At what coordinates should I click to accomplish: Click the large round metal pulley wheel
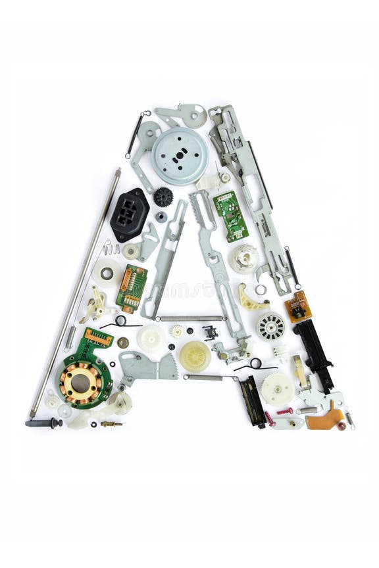[180, 156]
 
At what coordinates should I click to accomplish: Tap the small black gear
[163, 197]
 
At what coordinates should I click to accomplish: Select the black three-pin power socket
[129, 214]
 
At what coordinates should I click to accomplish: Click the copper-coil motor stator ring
[80, 383]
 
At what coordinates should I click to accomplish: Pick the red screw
[285, 411]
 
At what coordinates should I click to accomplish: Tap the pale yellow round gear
[195, 356]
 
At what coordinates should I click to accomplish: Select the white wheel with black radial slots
[270, 326]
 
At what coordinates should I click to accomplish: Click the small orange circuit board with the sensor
[298, 306]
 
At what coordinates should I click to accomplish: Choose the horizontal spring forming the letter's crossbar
[191, 319]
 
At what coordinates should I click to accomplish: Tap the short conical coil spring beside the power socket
[111, 248]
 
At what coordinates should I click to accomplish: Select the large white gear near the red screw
[277, 389]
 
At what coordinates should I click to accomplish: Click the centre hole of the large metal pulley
[180, 156]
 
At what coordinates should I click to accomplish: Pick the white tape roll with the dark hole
[106, 273]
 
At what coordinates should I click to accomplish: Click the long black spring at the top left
[136, 134]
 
